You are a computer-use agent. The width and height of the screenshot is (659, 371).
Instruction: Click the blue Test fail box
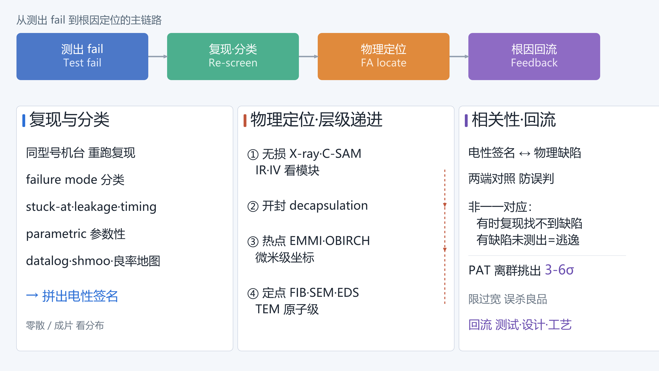(82, 56)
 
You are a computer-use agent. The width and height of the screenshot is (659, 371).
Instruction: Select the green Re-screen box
(233, 56)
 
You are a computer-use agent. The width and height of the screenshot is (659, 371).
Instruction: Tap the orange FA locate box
(383, 56)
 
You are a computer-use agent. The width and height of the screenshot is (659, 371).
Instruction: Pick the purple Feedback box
(534, 56)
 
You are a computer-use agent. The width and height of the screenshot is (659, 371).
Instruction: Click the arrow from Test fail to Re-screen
(158, 56)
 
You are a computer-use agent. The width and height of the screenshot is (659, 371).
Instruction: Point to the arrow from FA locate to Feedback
(459, 56)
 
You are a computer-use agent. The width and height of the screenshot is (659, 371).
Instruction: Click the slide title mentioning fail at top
(89, 20)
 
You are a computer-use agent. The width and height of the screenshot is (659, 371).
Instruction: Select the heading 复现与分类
(69, 120)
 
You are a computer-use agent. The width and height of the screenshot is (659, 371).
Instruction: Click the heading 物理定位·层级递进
(317, 120)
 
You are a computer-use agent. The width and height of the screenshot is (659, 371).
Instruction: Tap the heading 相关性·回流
(514, 120)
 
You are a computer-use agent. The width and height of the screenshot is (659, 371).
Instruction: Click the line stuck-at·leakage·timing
(91, 207)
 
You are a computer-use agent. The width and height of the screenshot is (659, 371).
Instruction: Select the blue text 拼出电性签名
(80, 296)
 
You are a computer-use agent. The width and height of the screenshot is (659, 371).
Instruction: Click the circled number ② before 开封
(253, 206)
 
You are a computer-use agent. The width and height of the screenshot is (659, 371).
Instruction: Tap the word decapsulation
(329, 206)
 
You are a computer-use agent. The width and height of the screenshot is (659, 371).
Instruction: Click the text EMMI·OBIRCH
(330, 241)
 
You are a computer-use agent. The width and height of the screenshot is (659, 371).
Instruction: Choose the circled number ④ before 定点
(253, 294)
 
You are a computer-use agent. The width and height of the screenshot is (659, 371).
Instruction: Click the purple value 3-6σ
(559, 270)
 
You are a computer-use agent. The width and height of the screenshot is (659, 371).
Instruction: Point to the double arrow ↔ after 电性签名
(525, 154)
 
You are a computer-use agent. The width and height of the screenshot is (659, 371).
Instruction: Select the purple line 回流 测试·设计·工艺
(520, 325)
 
